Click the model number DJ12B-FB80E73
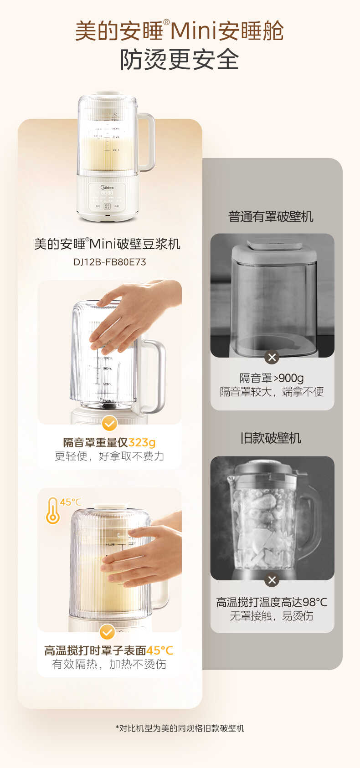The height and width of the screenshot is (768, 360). pyautogui.click(x=109, y=262)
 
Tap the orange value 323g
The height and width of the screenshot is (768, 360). pyautogui.click(x=142, y=442)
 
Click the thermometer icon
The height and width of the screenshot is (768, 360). pyautogui.click(x=53, y=511)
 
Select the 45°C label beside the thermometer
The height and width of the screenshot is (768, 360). pyautogui.click(x=71, y=502)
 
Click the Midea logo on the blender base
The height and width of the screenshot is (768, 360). pyautogui.click(x=107, y=187)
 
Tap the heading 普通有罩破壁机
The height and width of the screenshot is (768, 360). pyautogui.click(x=271, y=217)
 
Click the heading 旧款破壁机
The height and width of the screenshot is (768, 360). pyautogui.click(x=271, y=438)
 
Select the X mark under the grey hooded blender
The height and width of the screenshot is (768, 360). pyautogui.click(x=272, y=357)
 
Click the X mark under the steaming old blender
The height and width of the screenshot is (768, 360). pyautogui.click(x=272, y=580)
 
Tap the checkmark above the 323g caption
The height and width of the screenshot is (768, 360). pyautogui.click(x=109, y=424)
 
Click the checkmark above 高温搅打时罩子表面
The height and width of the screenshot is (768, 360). pyautogui.click(x=107, y=632)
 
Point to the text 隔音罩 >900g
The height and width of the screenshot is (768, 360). pyautogui.click(x=272, y=378)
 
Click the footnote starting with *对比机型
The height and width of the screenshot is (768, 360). pyautogui.click(x=180, y=728)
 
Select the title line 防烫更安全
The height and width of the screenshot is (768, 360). pyautogui.click(x=180, y=60)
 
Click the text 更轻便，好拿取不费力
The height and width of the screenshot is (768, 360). pyautogui.click(x=109, y=456)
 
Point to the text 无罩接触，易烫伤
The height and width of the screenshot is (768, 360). pyautogui.click(x=272, y=616)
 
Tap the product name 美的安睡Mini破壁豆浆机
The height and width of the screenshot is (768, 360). pyautogui.click(x=108, y=244)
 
